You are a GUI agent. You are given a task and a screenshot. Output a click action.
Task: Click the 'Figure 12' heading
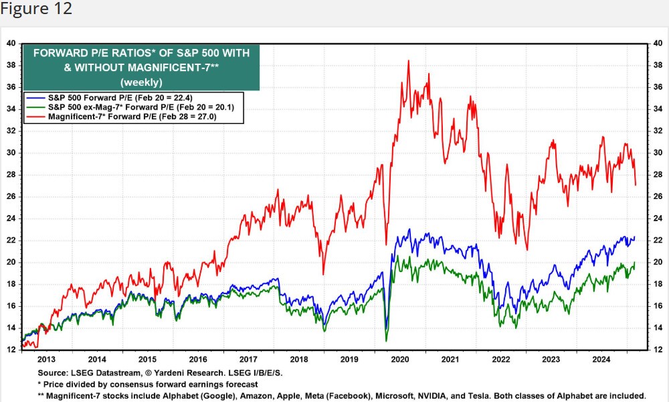click(36, 9)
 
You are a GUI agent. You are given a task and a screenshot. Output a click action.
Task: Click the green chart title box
click(140, 67)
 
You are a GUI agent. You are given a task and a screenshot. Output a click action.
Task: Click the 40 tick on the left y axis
click(11, 43)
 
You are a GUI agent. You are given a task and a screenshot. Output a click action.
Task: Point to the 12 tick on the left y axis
click(11, 350)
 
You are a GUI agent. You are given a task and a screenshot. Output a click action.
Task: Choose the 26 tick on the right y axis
click(658, 196)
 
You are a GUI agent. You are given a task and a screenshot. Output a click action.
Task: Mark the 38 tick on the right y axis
click(658, 65)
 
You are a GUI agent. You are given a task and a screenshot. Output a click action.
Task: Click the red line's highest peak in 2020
click(408, 61)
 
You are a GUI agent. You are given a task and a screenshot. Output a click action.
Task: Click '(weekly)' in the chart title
click(140, 82)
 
